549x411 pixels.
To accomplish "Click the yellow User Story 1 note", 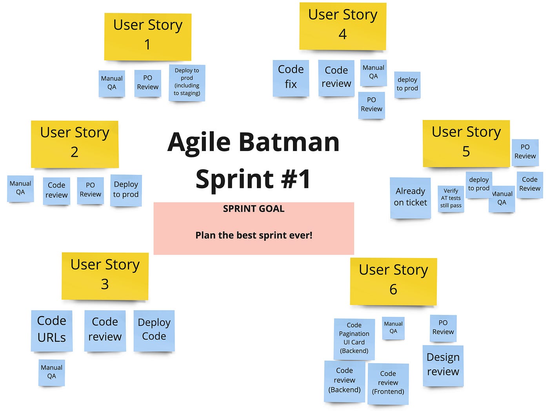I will (147, 37).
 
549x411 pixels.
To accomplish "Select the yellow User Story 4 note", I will (343, 26).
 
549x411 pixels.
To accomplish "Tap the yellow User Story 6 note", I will (393, 281).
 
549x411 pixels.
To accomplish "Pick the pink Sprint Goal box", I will (254, 228).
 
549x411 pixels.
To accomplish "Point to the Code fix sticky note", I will (291, 78).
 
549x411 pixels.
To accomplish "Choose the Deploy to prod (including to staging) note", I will (187, 83).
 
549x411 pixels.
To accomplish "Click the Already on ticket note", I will (410, 197).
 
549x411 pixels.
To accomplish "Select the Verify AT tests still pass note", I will (451, 198).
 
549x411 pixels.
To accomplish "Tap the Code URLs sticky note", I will (52, 330).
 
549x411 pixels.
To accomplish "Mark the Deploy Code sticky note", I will (154, 330).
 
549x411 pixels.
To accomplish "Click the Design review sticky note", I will (443, 365).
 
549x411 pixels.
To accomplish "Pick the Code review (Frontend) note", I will (388, 383).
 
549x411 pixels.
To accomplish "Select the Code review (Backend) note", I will (344, 381).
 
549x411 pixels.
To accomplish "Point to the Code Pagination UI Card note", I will (354, 338).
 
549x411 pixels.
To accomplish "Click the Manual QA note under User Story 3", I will (52, 372).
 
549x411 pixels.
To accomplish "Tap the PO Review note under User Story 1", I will (148, 83).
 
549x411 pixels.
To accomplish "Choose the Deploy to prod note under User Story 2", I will (126, 190).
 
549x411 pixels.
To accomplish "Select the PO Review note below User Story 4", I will (371, 105).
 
